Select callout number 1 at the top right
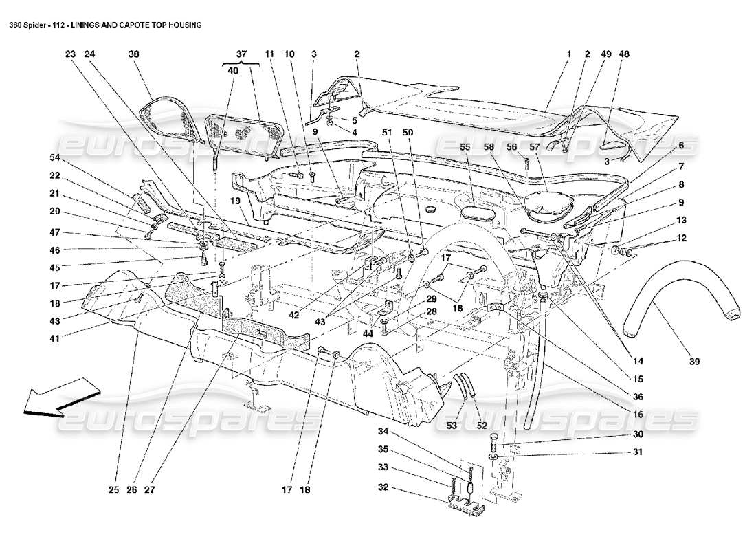click(x=568, y=54)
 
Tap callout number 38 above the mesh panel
click(x=133, y=54)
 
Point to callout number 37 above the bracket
click(x=241, y=54)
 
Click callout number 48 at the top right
click(x=624, y=54)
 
